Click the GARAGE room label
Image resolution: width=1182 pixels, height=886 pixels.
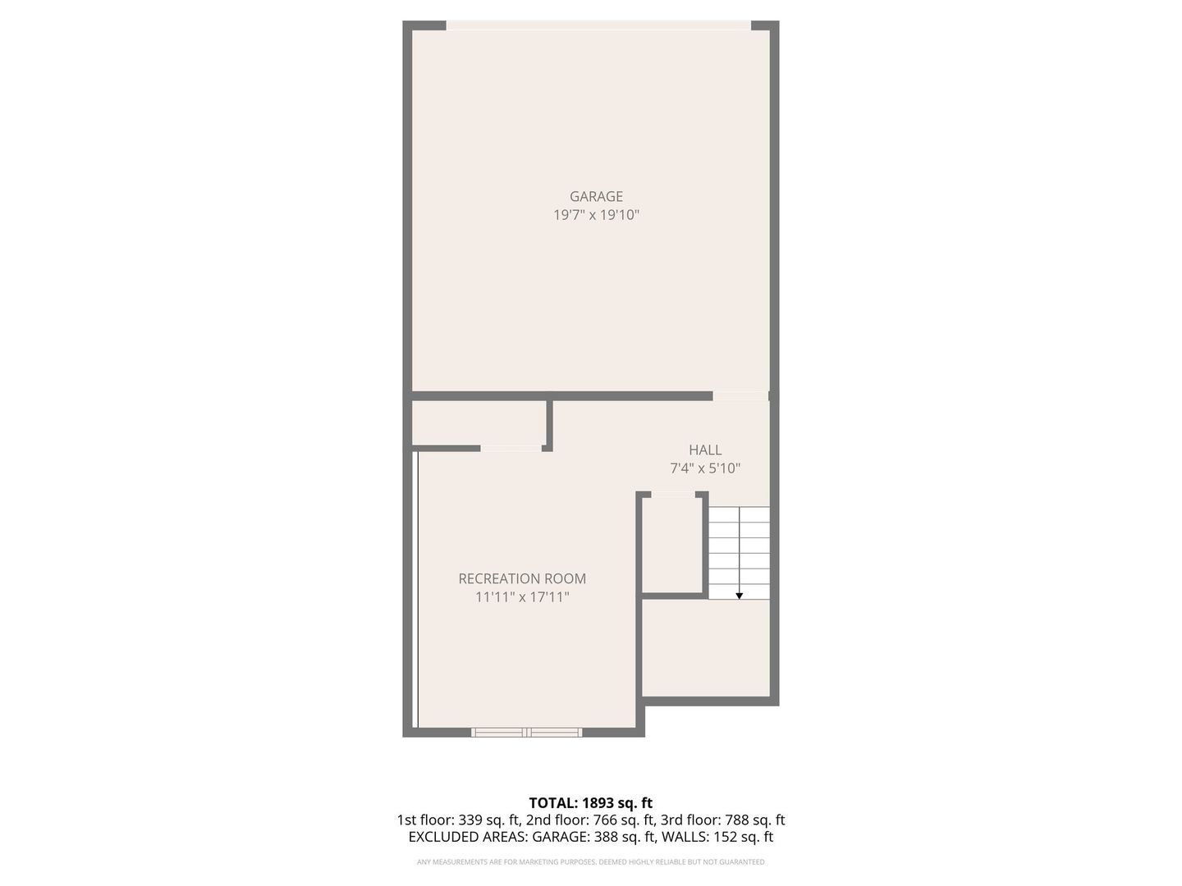point(596,196)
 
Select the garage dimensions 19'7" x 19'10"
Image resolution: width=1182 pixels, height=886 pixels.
point(596,215)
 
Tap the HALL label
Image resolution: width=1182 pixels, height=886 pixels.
point(705,450)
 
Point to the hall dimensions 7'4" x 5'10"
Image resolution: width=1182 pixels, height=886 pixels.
point(705,468)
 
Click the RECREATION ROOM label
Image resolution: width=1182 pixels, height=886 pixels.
point(522,578)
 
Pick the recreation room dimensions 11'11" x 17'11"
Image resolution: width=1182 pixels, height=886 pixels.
point(522,597)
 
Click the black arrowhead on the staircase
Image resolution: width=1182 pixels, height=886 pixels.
point(739,596)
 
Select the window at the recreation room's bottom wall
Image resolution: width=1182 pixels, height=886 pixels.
point(527,732)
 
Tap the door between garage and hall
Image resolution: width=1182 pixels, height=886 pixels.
point(740,396)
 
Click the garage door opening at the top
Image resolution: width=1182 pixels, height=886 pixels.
point(598,25)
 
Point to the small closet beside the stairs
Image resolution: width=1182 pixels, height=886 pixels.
point(672,543)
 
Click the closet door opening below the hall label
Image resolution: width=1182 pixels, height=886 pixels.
point(673,494)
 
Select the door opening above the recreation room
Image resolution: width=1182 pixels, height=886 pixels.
point(511,448)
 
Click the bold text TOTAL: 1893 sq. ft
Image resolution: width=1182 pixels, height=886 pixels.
point(590,802)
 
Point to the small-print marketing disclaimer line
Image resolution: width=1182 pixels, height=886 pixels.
point(590,862)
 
